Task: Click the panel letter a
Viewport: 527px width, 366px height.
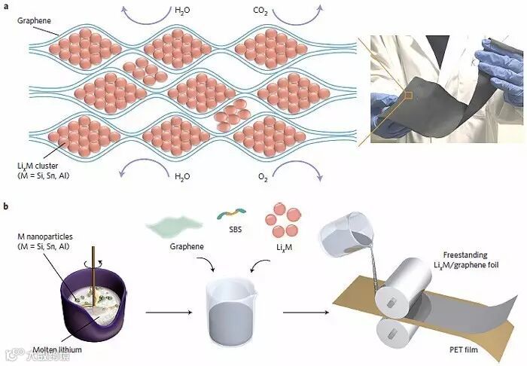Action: pos(6,6)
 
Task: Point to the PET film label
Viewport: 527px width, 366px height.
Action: pos(456,349)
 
